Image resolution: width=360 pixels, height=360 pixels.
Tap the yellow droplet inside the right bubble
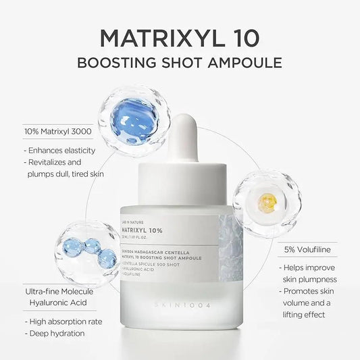point(268,200)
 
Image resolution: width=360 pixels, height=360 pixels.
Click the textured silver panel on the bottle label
point(226,251)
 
